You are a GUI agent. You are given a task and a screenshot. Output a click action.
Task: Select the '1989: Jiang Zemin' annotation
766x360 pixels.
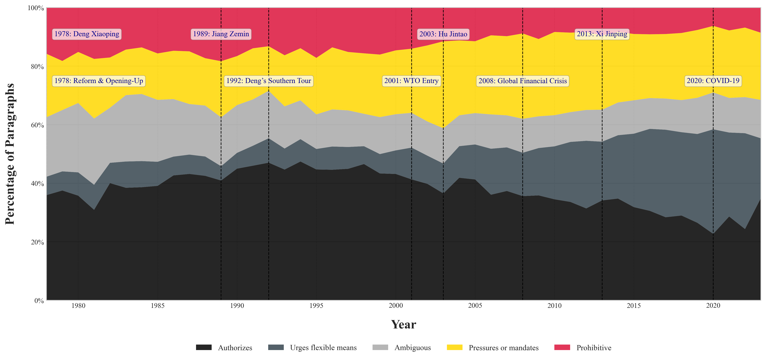(x=221, y=34)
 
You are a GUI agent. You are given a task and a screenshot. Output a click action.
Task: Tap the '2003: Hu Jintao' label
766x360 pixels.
(x=443, y=34)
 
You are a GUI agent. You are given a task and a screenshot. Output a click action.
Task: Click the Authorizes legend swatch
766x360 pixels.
(x=204, y=347)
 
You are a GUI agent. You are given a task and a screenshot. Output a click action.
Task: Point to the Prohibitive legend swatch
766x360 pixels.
(x=562, y=347)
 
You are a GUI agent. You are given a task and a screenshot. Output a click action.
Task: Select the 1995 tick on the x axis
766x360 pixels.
(x=316, y=306)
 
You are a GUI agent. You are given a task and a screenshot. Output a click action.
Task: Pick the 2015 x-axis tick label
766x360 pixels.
(x=634, y=306)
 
